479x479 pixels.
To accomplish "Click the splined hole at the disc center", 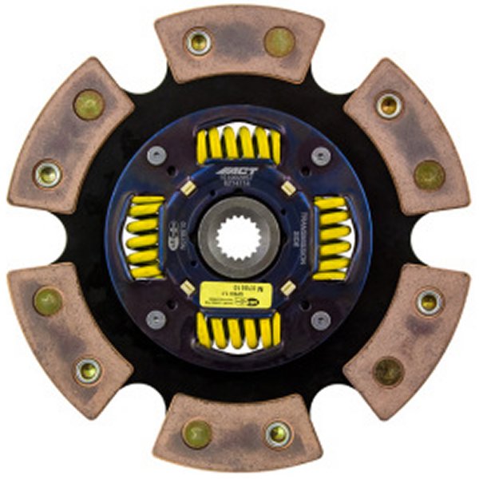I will click(x=237, y=239).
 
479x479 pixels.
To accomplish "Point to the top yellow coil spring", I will click(x=237, y=144).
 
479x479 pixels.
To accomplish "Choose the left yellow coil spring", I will click(x=144, y=236).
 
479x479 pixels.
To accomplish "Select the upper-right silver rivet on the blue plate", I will click(x=320, y=155).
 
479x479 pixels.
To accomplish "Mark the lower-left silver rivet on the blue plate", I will click(x=156, y=319).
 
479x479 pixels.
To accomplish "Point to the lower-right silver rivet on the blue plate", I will click(x=320, y=320).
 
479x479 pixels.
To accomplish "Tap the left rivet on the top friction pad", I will click(x=198, y=42).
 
